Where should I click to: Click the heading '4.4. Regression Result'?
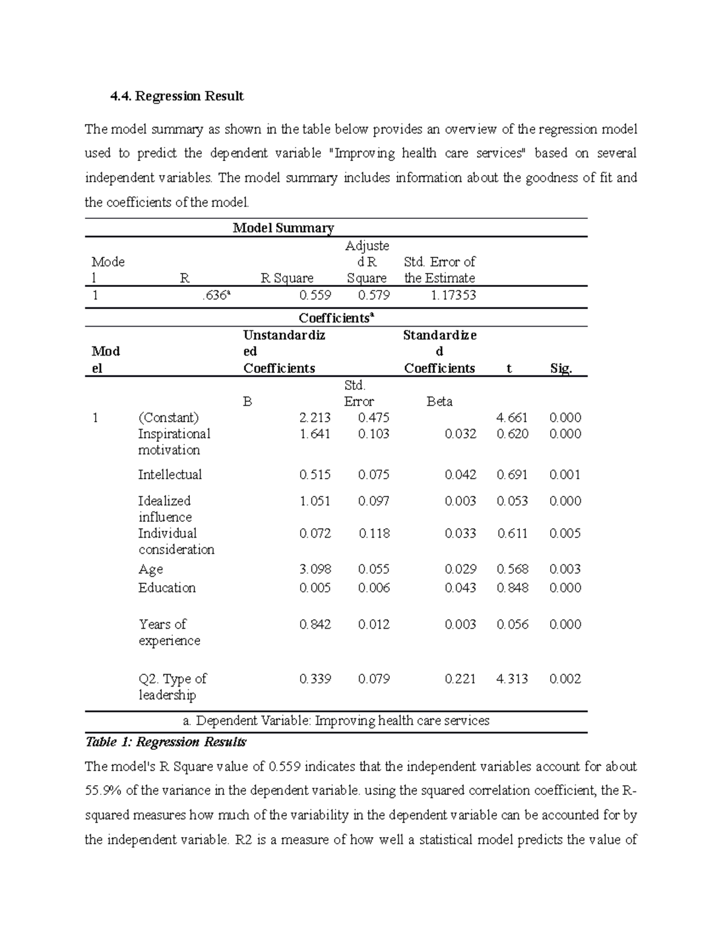click(177, 96)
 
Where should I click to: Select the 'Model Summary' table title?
click(283, 228)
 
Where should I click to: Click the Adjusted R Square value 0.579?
click(374, 295)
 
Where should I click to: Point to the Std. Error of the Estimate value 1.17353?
click(453, 295)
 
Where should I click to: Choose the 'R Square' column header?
click(287, 278)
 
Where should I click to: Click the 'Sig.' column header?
click(560, 369)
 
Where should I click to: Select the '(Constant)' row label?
click(168, 418)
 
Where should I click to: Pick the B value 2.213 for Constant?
click(315, 418)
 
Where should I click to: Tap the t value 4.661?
click(512, 418)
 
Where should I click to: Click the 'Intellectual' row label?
click(170, 475)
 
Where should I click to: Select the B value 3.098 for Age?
click(315, 570)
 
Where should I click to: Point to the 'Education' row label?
click(167, 588)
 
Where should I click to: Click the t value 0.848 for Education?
click(512, 588)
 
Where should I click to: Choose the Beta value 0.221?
click(460, 679)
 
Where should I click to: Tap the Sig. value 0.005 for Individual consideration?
click(565, 533)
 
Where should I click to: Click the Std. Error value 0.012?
click(374, 625)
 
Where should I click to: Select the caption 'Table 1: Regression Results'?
click(166, 742)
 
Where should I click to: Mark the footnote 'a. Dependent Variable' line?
click(336, 721)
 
